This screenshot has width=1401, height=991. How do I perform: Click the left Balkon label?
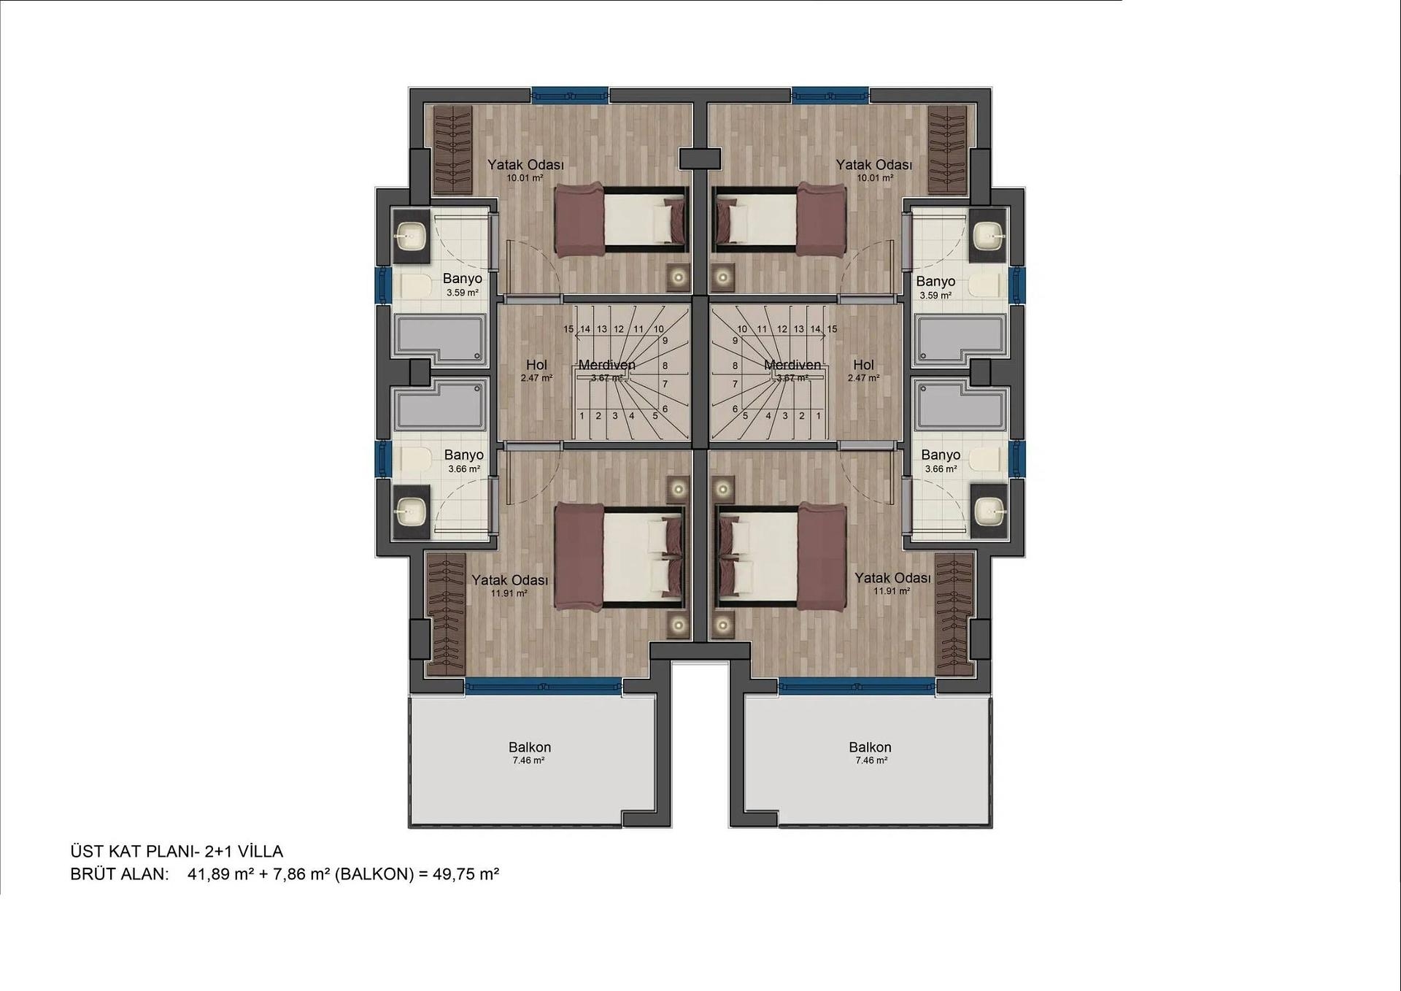[530, 747]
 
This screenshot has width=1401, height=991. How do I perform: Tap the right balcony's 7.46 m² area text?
[871, 760]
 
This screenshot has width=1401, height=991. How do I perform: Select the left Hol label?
[536, 365]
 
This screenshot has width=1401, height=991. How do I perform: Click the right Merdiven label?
[792, 365]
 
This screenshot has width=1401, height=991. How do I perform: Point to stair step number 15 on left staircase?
[568, 329]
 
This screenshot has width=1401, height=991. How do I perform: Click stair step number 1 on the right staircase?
[819, 416]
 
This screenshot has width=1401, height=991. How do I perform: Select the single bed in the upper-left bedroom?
[622, 222]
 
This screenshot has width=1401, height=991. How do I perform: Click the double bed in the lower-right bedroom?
[781, 555]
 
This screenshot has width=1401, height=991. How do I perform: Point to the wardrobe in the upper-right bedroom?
[947, 150]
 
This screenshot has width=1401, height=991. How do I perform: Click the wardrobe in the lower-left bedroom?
[445, 614]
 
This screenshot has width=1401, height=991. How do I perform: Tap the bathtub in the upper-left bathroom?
[441, 339]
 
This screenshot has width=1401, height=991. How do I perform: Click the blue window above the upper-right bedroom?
[830, 94]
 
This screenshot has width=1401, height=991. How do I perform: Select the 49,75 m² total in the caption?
[466, 874]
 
